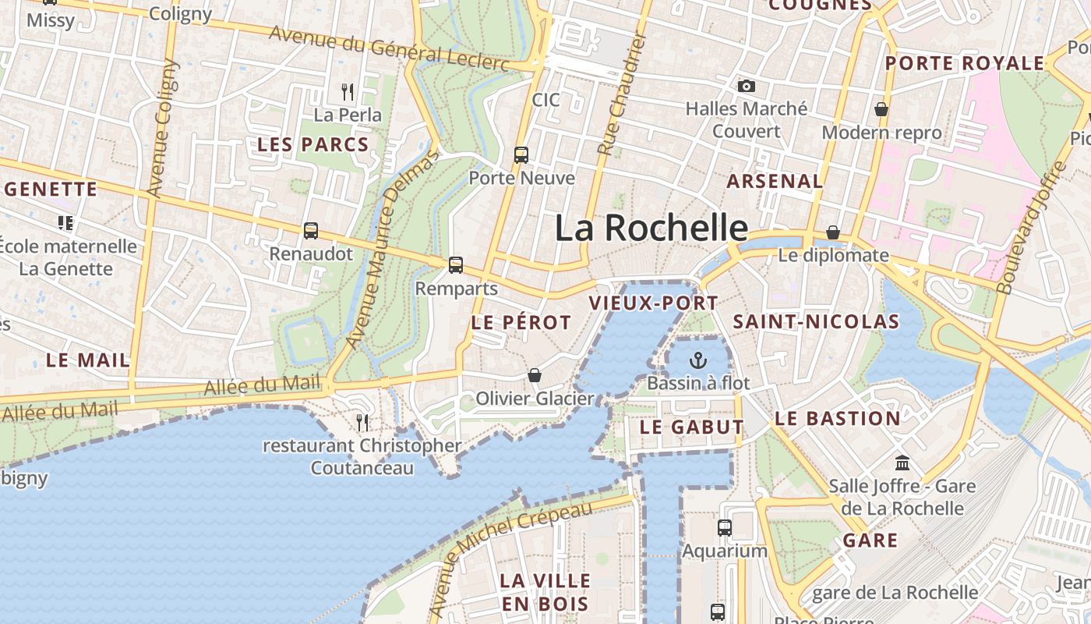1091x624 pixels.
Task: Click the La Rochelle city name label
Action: pos(651,228)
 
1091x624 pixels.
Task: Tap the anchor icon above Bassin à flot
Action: pos(698,360)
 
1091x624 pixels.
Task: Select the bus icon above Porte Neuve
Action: pos(521,155)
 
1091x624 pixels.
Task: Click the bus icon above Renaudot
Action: pos(311,231)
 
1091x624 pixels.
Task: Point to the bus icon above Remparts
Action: pos(456,265)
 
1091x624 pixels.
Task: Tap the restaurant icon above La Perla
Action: pos(348,92)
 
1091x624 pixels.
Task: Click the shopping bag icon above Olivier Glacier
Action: pos(535,376)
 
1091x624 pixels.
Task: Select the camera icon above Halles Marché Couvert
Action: pos(747,86)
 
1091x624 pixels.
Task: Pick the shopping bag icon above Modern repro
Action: pos(881,109)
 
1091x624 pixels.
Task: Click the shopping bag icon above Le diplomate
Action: pos(833,232)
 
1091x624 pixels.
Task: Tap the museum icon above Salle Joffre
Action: pos(902,463)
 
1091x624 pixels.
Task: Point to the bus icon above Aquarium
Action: pos(725,528)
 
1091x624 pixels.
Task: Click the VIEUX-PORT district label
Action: pos(643,303)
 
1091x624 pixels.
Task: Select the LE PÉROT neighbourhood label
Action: pos(521,322)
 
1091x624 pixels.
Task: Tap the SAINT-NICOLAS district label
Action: pos(816,321)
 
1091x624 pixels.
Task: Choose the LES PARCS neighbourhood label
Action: pos(312,144)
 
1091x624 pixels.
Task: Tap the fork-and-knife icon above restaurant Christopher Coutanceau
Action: pos(362,423)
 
